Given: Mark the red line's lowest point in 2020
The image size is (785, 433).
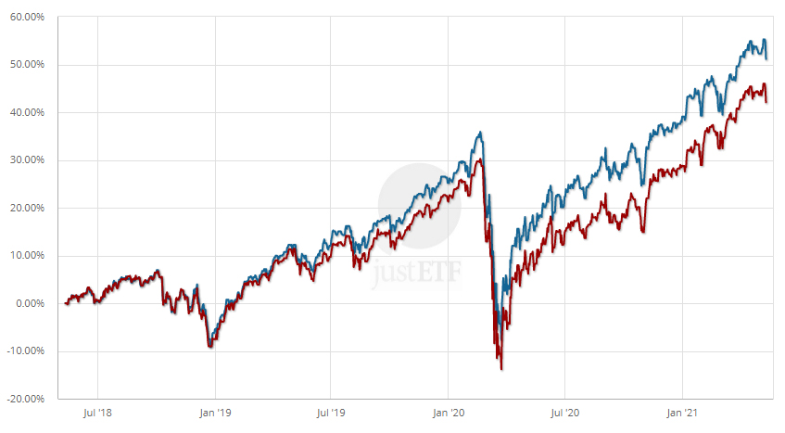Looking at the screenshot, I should point(501,369).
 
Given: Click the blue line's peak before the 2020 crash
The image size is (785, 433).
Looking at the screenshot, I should point(479,132).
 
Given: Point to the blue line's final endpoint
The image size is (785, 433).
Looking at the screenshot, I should point(766,57).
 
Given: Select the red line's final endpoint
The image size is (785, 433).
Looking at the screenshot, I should point(766,101).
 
